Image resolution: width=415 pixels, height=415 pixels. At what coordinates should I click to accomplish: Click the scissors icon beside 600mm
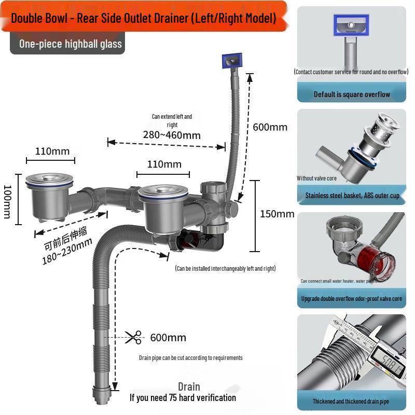[133, 337]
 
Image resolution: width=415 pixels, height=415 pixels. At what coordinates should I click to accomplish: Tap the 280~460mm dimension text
[172, 135]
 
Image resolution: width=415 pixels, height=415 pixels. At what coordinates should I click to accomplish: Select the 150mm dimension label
[277, 214]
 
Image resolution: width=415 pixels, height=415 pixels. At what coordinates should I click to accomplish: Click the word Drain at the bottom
[189, 386]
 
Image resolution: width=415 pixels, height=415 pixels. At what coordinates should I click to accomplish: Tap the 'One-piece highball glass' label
[71, 44]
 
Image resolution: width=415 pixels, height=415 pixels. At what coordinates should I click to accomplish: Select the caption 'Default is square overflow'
[352, 94]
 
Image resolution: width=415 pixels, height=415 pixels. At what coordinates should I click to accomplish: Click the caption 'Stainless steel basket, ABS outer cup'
[352, 196]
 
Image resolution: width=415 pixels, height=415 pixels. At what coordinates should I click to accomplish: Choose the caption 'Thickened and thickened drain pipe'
[351, 401]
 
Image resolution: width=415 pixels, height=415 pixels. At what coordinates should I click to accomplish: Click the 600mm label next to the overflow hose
[270, 127]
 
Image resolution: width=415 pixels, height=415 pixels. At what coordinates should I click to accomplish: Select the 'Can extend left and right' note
[172, 120]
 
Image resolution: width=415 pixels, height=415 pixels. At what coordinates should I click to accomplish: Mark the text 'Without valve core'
[316, 178]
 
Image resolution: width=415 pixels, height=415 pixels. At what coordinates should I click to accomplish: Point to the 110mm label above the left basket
[52, 151]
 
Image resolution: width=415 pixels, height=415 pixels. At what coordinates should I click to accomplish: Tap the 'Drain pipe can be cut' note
[190, 358]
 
